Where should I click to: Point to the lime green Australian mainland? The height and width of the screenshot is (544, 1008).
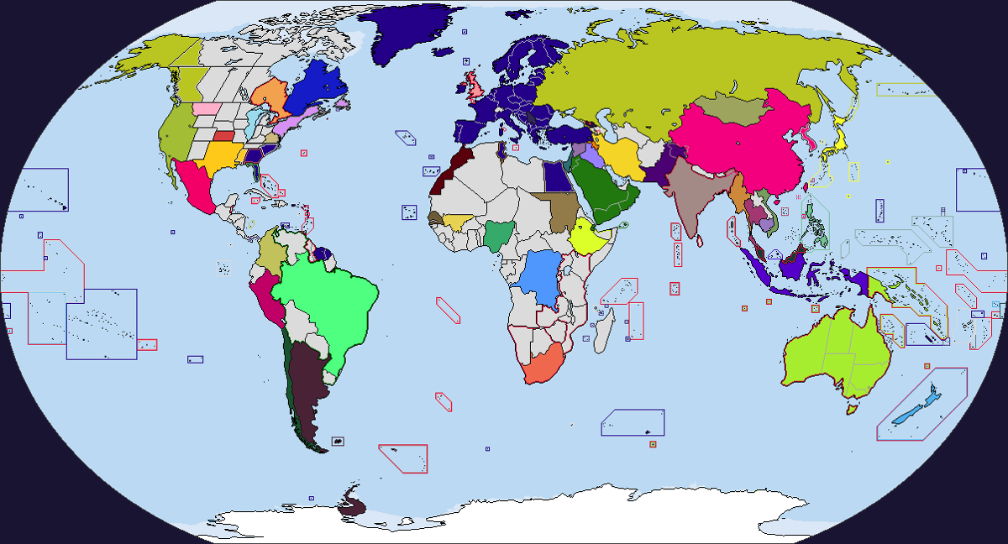[x=832, y=353]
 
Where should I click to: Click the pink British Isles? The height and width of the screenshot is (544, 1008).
[x=476, y=85]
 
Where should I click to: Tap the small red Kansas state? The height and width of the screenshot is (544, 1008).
[x=223, y=136]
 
